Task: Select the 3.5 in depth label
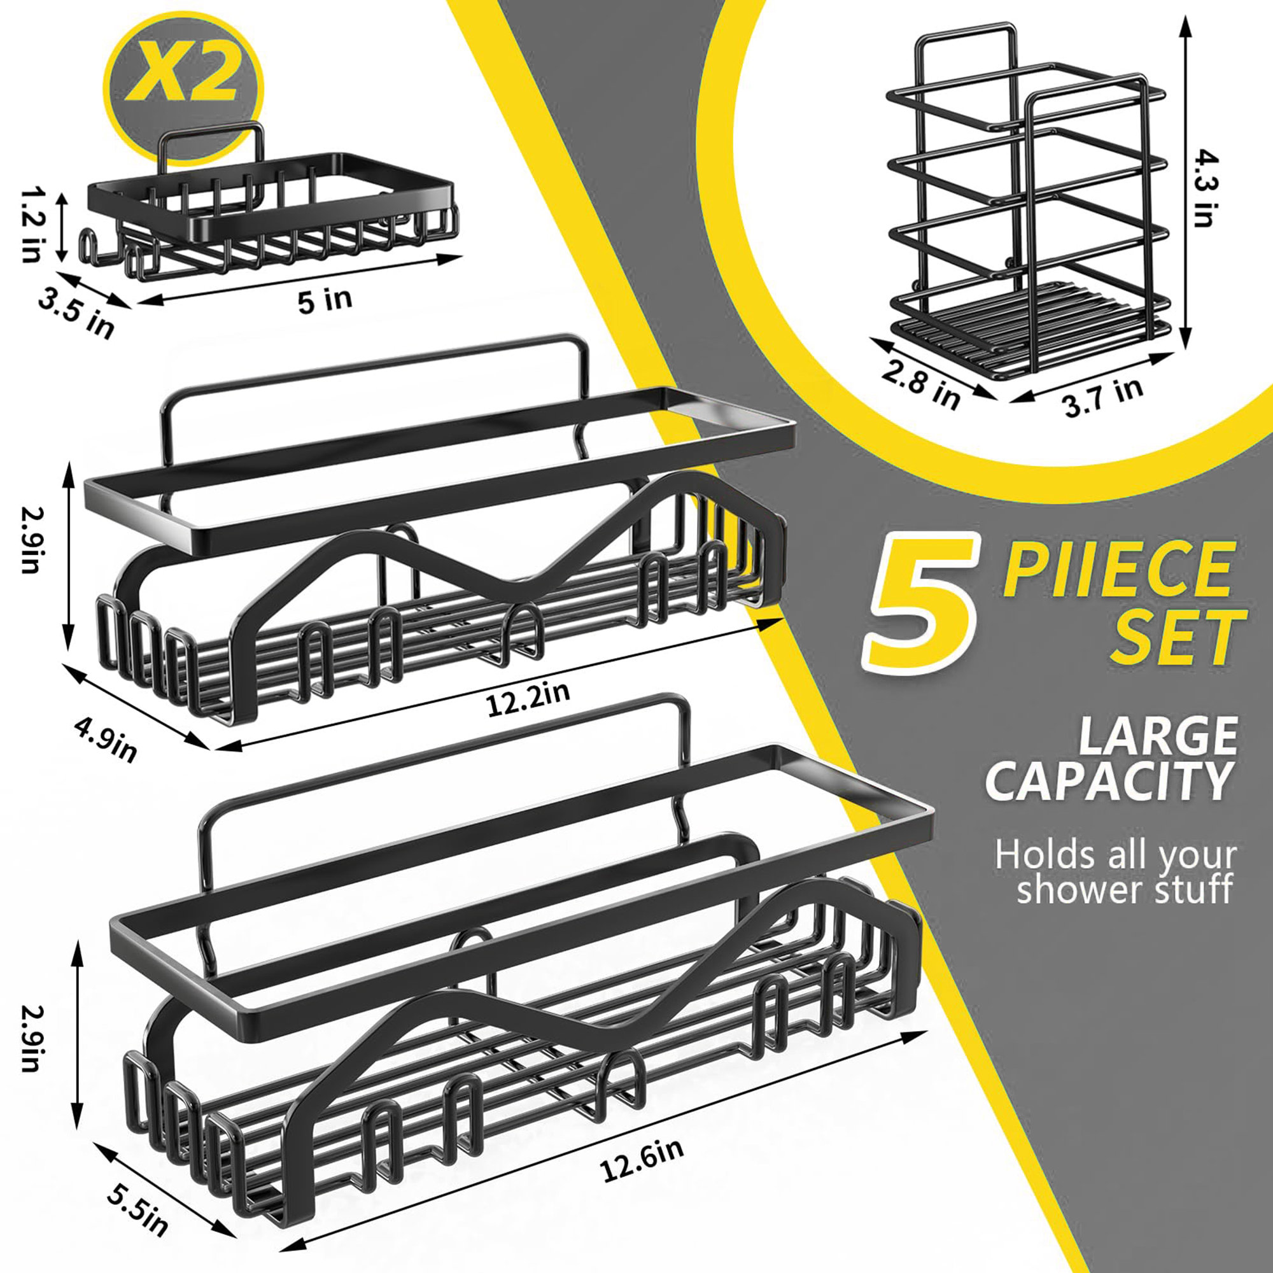76,312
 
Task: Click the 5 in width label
325,300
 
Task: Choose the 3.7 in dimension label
1103,397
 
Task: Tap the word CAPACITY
1108,782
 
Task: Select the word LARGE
1157,736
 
